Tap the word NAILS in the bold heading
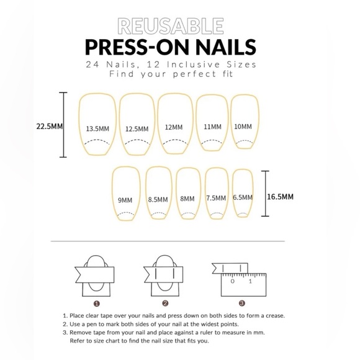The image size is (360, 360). (223, 47)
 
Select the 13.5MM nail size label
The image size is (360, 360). (98, 128)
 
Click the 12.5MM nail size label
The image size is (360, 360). (137, 128)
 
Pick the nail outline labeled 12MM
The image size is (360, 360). (174, 124)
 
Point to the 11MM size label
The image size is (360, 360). (212, 126)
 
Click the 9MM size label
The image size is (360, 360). (125, 200)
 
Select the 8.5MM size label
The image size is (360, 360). (158, 199)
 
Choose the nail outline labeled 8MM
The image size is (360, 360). (187, 193)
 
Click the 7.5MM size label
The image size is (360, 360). (215, 198)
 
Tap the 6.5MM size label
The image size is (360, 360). (242, 197)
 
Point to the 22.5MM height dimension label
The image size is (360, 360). (48, 125)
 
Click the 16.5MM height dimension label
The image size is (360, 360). (280, 196)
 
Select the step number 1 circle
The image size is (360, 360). (96, 304)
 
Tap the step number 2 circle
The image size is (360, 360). (166, 304)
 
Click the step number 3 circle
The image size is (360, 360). (241, 304)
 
